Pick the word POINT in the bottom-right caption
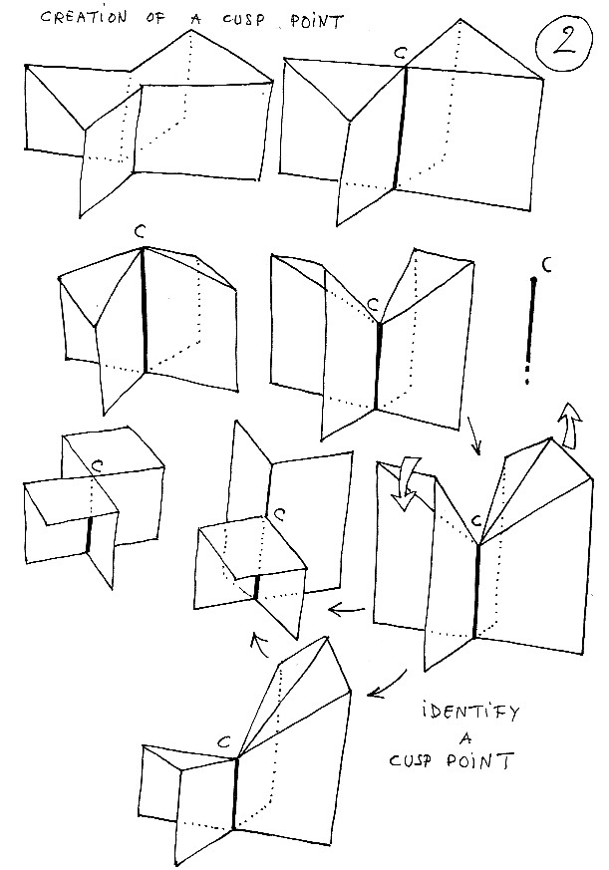click(x=483, y=764)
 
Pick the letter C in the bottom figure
click(x=224, y=742)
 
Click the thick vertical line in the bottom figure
click(x=235, y=792)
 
